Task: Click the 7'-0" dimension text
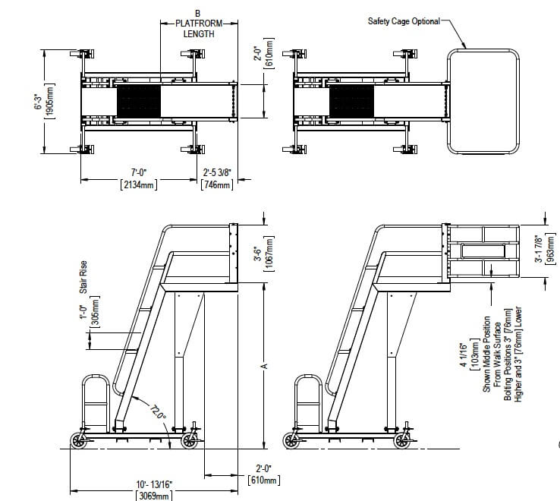[x=139, y=172]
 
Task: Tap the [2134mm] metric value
[x=139, y=184]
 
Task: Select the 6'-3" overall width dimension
[x=38, y=102]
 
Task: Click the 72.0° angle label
[x=158, y=411]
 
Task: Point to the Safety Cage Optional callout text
[x=404, y=21]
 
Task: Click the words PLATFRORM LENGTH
[x=199, y=29]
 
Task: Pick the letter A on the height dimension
[x=264, y=367]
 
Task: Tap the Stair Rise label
[x=83, y=277]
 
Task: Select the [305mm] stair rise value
[x=96, y=311]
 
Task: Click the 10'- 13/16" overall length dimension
[x=154, y=484]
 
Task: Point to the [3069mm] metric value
[x=154, y=496]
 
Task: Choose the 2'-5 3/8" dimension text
[x=217, y=172]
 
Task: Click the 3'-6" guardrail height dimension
[x=258, y=254]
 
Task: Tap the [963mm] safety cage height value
[x=551, y=249]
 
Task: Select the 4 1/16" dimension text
[x=464, y=355]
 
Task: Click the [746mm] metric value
[x=217, y=184]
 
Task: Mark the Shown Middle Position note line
[x=487, y=354]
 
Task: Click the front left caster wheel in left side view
[x=79, y=440]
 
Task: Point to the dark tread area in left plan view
[x=139, y=101]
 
